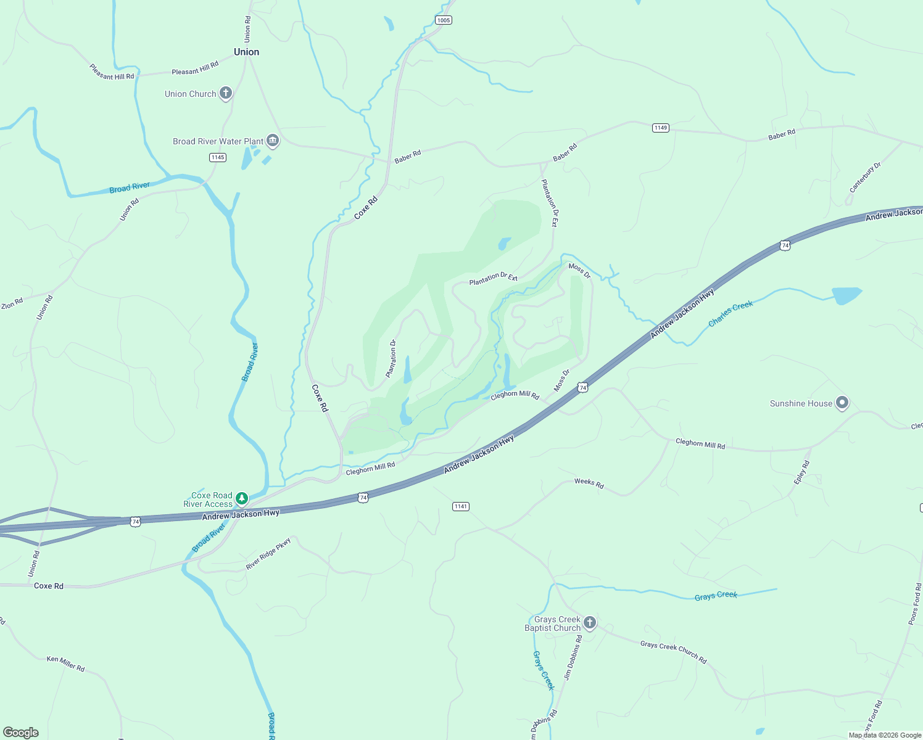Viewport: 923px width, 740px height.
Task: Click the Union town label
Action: pyautogui.click(x=246, y=52)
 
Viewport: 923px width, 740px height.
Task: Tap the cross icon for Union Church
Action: pyautogui.click(x=226, y=94)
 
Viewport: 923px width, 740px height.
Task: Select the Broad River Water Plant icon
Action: pyautogui.click(x=273, y=141)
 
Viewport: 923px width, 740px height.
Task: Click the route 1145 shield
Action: pyautogui.click(x=218, y=157)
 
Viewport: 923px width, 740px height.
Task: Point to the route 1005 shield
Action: pyautogui.click(x=444, y=20)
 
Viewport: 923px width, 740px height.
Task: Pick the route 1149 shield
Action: pyautogui.click(x=661, y=128)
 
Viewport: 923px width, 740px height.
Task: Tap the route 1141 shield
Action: pyautogui.click(x=461, y=506)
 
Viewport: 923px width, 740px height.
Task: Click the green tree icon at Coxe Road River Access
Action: pyautogui.click(x=242, y=498)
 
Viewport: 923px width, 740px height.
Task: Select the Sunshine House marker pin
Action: pyautogui.click(x=842, y=403)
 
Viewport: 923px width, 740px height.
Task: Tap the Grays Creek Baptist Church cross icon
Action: pyautogui.click(x=589, y=623)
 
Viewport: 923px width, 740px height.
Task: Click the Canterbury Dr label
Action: pyautogui.click(x=865, y=178)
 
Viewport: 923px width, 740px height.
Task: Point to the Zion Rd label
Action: pyautogui.click(x=12, y=303)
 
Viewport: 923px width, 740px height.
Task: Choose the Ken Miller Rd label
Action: pyautogui.click(x=65, y=663)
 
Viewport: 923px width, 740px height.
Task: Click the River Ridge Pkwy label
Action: pyautogui.click(x=268, y=554)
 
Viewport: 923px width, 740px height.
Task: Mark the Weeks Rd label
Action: pyautogui.click(x=589, y=483)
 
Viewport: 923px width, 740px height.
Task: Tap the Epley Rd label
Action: pyautogui.click(x=802, y=472)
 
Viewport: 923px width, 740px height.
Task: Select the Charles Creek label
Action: pyautogui.click(x=731, y=314)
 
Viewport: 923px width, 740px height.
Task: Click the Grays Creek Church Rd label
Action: pyautogui.click(x=673, y=652)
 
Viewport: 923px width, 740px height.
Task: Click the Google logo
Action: pyautogui.click(x=21, y=733)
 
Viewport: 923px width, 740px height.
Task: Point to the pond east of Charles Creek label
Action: pyautogui.click(x=845, y=295)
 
